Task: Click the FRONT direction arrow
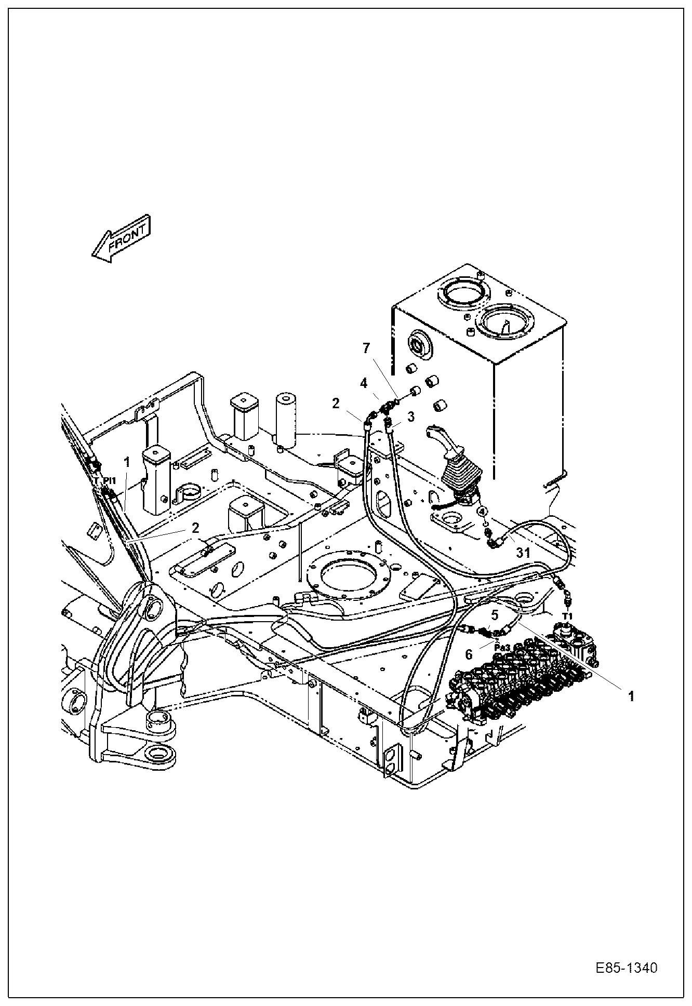coord(121,239)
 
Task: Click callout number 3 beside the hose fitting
coord(410,417)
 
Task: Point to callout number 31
coord(523,553)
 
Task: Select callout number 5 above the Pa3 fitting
coord(495,615)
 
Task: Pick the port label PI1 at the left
coord(109,481)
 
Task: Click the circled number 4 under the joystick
coord(483,511)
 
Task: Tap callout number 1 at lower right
coord(631,696)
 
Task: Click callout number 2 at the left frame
coord(195,528)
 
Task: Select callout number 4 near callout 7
coord(364,383)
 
